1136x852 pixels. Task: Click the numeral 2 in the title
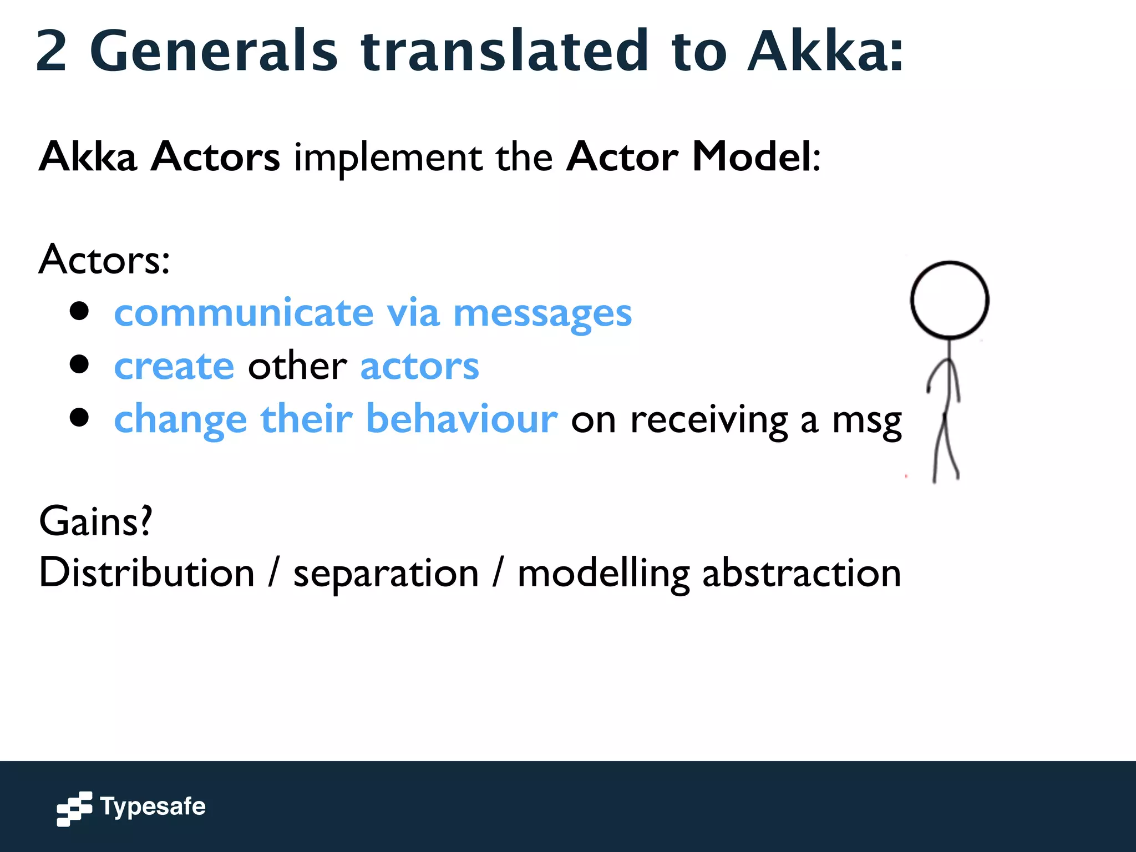[x=52, y=51]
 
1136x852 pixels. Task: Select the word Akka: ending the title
[x=825, y=51]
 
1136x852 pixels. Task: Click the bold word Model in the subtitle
[x=752, y=157]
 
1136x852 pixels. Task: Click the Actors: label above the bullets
[x=104, y=260]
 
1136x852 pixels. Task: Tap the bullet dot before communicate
[x=80, y=311]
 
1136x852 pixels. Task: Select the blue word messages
[x=542, y=314]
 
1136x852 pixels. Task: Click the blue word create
[x=174, y=367]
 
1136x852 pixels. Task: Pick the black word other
[x=297, y=367]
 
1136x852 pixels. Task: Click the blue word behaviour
[x=461, y=419]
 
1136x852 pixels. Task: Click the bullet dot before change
[x=80, y=417]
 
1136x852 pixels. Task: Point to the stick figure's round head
[x=949, y=300]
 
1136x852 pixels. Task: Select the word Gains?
[x=95, y=521]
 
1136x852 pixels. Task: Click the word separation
[x=386, y=574]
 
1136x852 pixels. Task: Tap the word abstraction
[x=801, y=574]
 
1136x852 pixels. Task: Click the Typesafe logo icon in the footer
[x=74, y=808]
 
